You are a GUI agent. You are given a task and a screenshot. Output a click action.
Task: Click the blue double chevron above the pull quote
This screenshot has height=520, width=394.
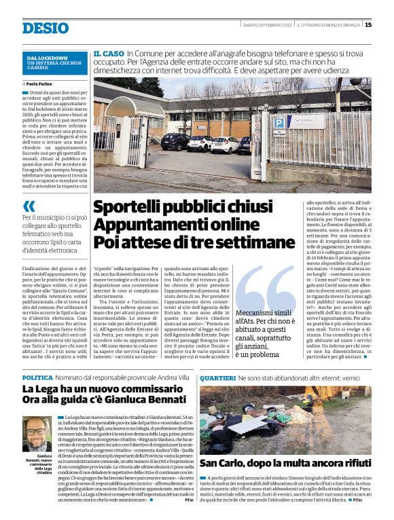tap(29, 204)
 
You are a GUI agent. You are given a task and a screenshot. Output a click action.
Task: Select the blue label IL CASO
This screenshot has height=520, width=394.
tap(108, 53)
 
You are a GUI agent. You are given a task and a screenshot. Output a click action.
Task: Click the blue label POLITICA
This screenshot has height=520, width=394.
tap(37, 377)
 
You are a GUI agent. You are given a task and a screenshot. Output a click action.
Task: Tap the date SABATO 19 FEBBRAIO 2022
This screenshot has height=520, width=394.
tap(268, 25)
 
